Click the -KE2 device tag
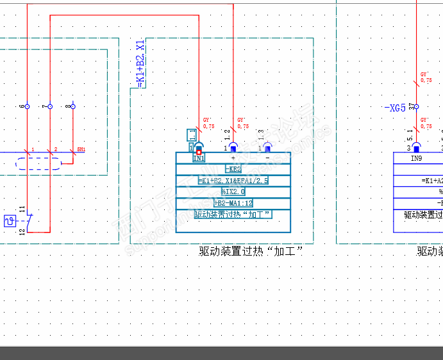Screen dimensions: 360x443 [233, 170]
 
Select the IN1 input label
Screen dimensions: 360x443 [199, 158]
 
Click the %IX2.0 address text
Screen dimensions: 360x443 [233, 192]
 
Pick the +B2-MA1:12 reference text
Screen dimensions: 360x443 [233, 202]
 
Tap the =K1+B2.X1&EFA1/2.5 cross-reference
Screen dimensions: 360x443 [233, 181]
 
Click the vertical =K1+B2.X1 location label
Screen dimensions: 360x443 [140, 63]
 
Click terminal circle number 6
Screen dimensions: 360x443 [27, 106]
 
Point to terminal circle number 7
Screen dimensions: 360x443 [50, 106]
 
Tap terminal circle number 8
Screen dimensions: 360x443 [72, 106]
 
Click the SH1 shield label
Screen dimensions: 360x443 [81, 149]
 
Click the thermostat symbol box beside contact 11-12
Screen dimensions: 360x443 [10, 221]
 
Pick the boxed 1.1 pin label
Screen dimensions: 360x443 [192, 135]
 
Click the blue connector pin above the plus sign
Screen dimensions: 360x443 [233, 147]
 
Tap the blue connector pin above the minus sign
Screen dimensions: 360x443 [267, 147]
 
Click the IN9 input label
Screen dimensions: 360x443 [417, 158]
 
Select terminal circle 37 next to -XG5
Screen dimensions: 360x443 [417, 107]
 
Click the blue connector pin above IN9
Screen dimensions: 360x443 [416, 147]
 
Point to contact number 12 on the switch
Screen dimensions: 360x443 [22, 231]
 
